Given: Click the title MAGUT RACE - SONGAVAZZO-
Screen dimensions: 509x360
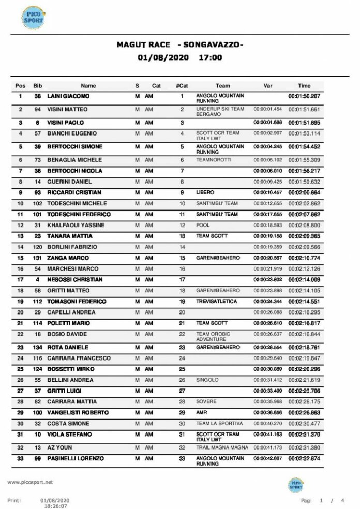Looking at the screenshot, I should coord(179,45).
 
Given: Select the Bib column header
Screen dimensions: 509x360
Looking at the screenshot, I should coord(38,86).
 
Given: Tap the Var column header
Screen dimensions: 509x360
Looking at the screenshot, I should coord(268,86).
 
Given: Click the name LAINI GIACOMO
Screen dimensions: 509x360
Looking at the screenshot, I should coord(68,96).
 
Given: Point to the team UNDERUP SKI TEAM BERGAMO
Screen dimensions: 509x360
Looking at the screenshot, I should coord(220,112).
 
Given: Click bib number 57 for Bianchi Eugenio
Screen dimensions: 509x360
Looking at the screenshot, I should coord(38,133).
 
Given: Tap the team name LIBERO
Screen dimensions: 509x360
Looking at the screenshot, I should coord(205,192).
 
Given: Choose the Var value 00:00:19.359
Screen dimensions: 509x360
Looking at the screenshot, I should coord(267,247).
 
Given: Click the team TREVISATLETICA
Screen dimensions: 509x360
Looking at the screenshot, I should coord(216,301).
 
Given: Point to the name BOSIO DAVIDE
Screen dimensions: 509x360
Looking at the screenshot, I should coord(68,334).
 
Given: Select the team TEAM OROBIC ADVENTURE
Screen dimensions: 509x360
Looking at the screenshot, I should coord(214,337).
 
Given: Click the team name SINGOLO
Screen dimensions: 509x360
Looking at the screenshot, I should coord(207,380).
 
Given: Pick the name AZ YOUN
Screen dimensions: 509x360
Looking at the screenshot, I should coord(60,447).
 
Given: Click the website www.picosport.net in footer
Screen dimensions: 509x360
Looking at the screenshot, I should coord(30,482).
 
